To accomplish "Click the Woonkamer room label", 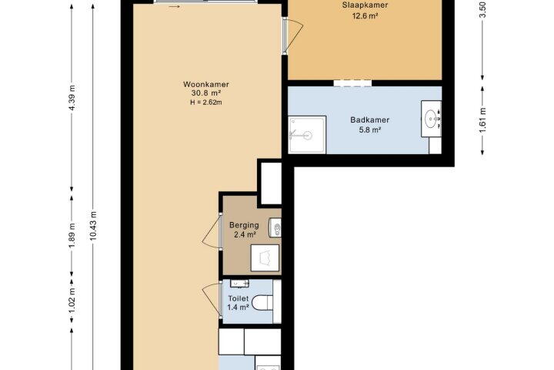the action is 206,84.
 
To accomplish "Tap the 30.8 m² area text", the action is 206,93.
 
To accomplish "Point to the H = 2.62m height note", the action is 206,103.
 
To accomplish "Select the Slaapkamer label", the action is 365,5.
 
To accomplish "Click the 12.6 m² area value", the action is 365,15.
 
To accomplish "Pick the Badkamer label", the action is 369,119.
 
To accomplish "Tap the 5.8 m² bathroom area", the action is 369,129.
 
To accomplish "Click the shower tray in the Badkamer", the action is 307,135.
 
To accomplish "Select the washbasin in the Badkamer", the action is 432,119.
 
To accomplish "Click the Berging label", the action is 244,225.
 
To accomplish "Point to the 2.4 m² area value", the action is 245,234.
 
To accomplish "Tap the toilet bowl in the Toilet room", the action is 262,302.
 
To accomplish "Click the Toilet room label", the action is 238,298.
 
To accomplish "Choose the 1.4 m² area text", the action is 238,307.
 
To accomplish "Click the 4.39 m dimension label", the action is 72,98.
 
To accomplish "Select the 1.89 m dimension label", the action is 72,235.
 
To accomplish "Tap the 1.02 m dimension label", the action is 72,301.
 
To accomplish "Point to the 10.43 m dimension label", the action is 93,226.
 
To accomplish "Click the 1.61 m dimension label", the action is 482,120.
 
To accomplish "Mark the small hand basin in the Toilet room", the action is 239,283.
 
